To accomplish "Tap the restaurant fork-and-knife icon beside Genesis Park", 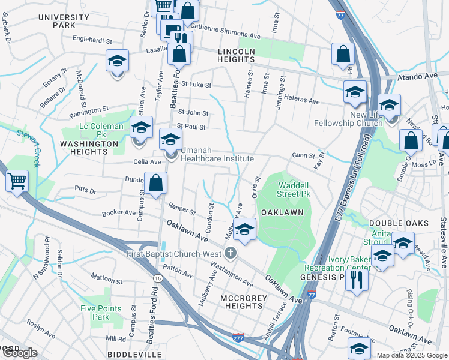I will click(x=357, y=279).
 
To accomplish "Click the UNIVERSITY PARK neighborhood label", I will click(x=64, y=22).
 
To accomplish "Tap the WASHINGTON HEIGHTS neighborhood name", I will click(x=89, y=148).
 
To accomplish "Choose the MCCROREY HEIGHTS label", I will click(x=233, y=301).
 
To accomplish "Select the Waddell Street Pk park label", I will click(x=293, y=190).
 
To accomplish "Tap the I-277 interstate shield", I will click(x=238, y=338).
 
